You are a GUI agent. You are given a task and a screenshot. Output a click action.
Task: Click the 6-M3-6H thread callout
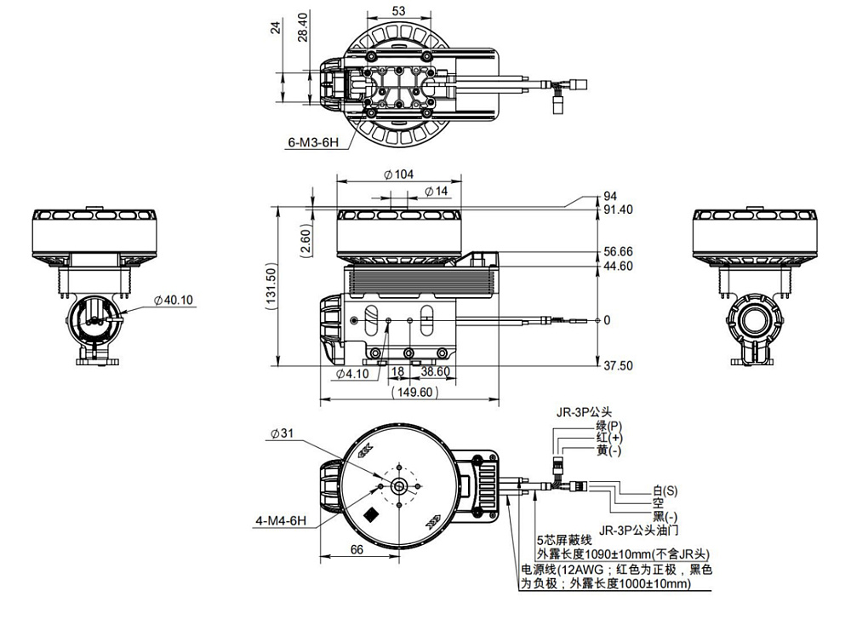[x=314, y=142]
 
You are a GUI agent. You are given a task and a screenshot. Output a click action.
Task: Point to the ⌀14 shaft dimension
[x=434, y=191]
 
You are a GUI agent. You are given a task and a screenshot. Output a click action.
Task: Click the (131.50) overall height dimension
[x=271, y=285]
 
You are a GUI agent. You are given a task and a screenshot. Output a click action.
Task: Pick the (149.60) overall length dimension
[x=414, y=392]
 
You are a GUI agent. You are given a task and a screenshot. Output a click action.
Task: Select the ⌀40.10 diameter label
[x=176, y=300]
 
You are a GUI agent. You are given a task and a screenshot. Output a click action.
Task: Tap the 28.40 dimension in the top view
[x=302, y=32]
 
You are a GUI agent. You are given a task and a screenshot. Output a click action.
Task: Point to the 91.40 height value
[x=618, y=209]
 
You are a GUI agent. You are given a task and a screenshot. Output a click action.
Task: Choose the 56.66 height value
[x=618, y=252]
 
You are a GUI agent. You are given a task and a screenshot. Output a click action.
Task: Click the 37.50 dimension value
[x=618, y=365]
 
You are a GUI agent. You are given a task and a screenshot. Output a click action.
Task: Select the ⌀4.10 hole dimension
[x=351, y=373]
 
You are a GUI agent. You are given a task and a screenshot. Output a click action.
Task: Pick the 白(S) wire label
[x=665, y=491]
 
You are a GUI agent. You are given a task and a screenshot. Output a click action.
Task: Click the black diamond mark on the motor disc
[x=371, y=516]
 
